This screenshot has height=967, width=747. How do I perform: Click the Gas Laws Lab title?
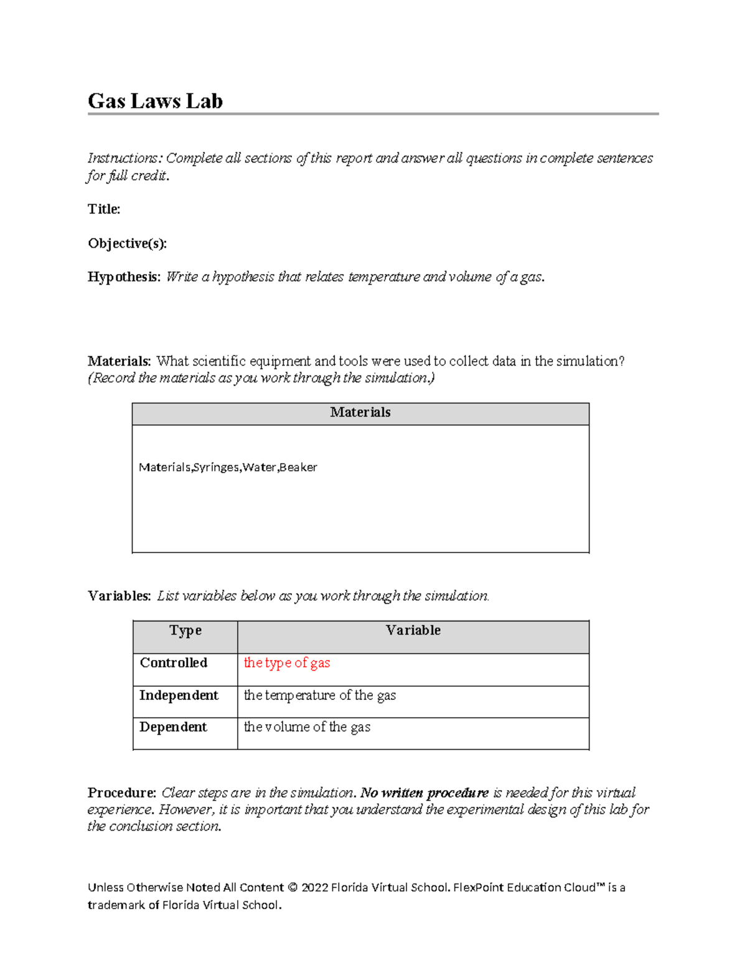(x=155, y=101)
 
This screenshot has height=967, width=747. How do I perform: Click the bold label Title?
(x=104, y=209)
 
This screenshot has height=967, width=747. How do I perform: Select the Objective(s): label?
(x=127, y=243)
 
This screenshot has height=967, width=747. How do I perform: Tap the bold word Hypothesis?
(x=124, y=277)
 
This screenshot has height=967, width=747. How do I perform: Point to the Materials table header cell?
(x=360, y=413)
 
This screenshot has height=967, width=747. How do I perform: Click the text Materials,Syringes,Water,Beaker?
(x=228, y=467)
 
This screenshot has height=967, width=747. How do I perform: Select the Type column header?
(x=185, y=631)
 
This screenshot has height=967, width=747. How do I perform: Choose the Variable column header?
(x=413, y=631)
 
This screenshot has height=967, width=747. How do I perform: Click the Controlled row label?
(x=173, y=663)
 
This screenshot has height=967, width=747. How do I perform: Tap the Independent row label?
(x=179, y=696)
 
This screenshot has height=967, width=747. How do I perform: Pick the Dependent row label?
(x=173, y=727)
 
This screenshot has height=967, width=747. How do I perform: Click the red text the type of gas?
(x=286, y=663)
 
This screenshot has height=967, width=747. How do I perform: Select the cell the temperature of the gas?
(x=319, y=696)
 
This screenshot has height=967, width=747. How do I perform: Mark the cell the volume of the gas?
(x=307, y=727)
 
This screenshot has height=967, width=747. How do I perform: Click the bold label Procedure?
(x=121, y=793)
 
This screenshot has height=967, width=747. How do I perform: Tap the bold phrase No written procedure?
(x=425, y=793)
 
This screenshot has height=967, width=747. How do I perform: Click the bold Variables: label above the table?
(x=119, y=597)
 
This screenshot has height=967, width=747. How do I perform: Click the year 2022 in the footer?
(x=314, y=888)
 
